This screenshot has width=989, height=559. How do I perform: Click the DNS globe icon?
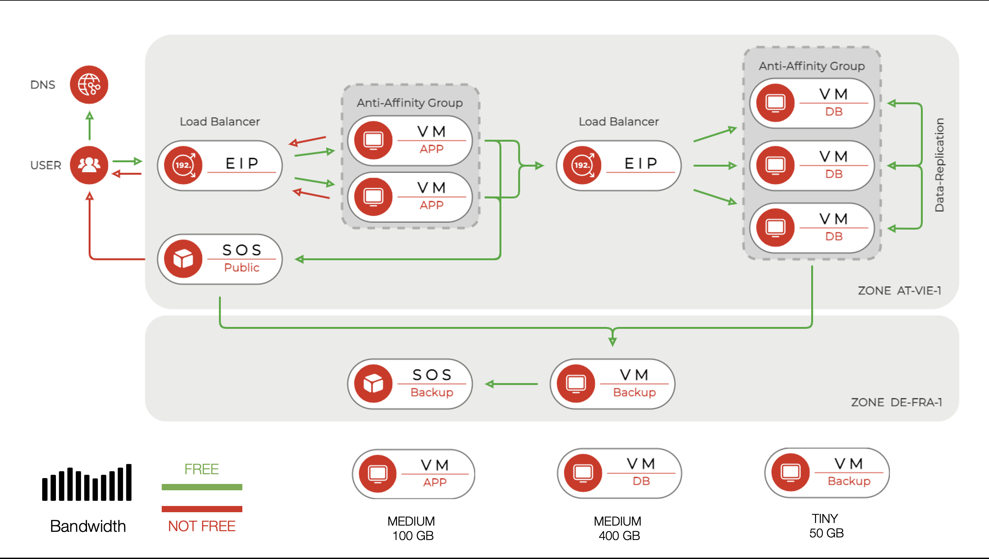(89, 84)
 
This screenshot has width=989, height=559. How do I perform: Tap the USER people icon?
(89, 165)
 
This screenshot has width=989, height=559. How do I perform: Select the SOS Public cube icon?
(183, 259)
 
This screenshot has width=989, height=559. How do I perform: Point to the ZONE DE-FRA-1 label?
(896, 402)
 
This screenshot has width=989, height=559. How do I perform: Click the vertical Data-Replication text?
(939, 165)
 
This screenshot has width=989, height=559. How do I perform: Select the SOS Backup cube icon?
(373, 384)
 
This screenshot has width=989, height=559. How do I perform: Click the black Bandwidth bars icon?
(87, 483)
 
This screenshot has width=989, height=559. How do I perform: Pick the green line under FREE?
(201, 487)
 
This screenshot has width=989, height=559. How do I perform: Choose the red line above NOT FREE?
(201, 509)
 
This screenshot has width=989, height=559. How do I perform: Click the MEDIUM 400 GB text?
(618, 528)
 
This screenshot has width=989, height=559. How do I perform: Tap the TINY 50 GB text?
(826, 526)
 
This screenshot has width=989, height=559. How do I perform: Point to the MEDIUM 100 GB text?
(411, 528)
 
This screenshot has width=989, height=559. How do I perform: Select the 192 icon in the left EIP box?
(183, 165)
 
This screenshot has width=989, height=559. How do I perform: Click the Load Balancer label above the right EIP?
(618, 121)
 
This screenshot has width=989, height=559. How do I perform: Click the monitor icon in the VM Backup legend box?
(790, 473)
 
